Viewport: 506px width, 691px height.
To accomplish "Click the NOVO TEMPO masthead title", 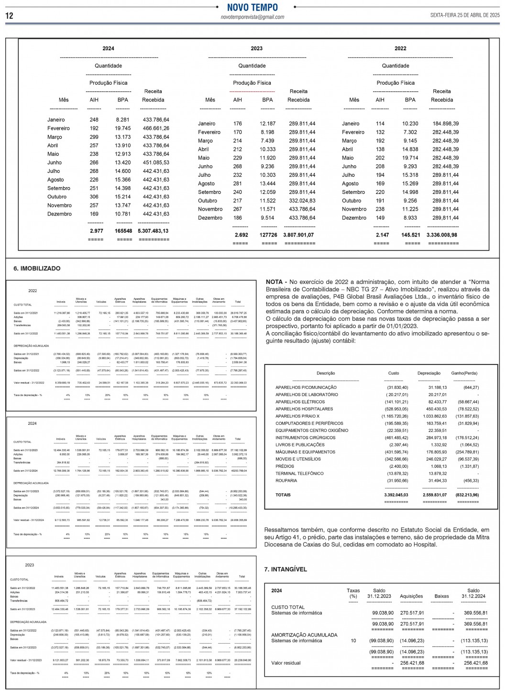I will coord(252,7).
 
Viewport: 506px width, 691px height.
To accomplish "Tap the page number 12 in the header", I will coord(9,16).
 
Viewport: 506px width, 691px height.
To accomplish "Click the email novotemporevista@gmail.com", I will coord(252,17).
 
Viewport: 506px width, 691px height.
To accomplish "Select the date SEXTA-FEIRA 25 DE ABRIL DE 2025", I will coord(465,15).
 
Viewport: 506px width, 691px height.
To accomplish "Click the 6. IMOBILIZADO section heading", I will coord(37,269).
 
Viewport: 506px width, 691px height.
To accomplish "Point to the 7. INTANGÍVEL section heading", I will coord(286,569).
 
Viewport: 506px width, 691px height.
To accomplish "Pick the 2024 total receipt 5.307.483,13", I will coord(153,231).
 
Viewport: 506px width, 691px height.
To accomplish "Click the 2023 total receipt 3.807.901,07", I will coord(298,235).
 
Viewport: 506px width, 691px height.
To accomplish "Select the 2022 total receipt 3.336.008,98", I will coord(442,235).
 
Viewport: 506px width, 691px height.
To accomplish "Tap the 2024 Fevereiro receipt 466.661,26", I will coord(156,128).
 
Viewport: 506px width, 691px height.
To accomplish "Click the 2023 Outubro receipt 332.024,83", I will coord(302,201).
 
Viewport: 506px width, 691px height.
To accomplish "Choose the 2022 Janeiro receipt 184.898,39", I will coord(445,124).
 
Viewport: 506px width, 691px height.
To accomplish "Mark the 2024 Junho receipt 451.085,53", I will coord(156,163).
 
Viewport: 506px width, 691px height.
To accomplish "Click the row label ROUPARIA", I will coord(286,481).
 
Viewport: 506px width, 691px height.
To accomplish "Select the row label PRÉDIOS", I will coord(285,466).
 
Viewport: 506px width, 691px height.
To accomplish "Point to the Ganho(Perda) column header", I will coord(464,374).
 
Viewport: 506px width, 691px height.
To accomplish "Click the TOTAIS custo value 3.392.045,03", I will coord(396,495).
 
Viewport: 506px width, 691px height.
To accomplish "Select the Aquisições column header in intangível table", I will coord(411,596).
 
